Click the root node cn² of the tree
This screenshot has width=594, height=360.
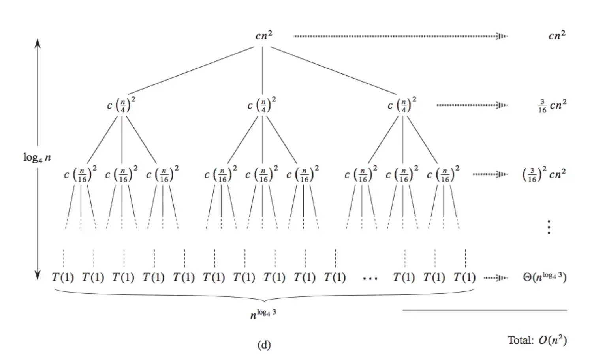(263, 36)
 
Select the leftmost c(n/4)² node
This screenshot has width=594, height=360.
(121, 105)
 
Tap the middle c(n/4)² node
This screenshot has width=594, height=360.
(261, 105)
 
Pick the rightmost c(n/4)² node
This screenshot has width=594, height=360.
(402, 105)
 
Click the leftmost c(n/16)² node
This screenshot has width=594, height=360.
(80, 174)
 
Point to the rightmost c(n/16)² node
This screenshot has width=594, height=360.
(443, 174)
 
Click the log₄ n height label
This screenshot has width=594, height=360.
(37, 158)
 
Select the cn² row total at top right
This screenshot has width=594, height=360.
(556, 36)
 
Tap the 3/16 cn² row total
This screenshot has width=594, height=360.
(552, 106)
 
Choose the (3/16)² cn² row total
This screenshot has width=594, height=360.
(544, 174)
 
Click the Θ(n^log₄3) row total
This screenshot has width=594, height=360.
(545, 277)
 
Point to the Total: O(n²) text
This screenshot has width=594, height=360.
(537, 340)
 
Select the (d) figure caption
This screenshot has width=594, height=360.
(264, 345)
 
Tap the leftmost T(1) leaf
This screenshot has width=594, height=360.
(63, 277)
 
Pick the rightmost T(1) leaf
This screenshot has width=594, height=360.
(464, 277)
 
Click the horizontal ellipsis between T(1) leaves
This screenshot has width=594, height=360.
(370, 279)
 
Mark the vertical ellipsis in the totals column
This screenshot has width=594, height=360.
(549, 227)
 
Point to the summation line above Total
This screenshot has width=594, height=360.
(484, 310)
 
